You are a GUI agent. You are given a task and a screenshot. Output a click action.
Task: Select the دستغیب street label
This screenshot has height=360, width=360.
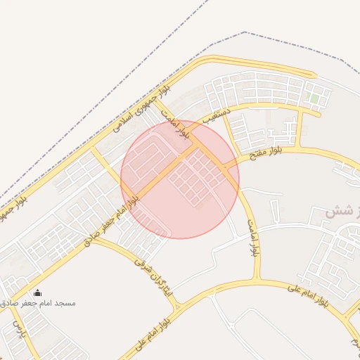(217, 116)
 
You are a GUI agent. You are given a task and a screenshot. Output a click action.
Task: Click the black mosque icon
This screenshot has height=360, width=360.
(37, 292)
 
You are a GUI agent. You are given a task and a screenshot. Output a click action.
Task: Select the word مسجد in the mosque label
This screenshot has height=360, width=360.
(65, 303)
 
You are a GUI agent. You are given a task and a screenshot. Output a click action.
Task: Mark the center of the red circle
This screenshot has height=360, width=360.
(180, 179)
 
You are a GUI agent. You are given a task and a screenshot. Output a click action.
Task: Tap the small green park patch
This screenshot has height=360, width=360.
(316, 99)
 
